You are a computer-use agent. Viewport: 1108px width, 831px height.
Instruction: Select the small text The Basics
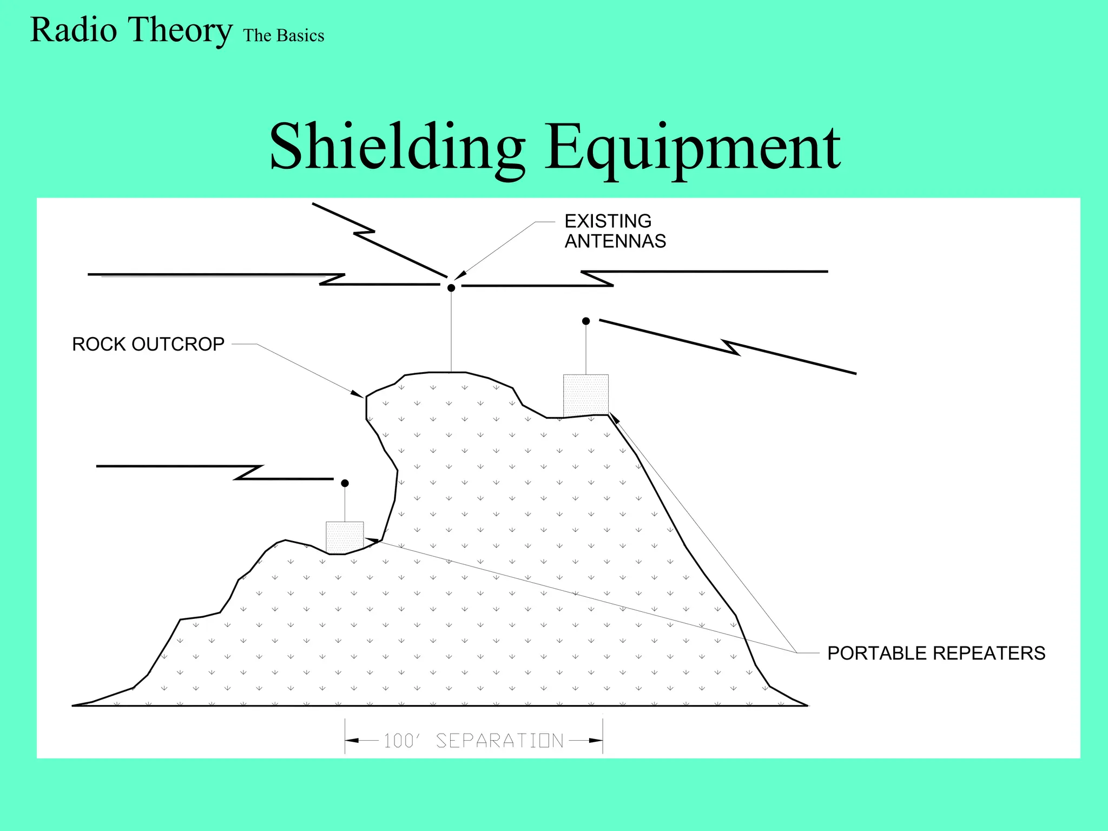[x=283, y=36]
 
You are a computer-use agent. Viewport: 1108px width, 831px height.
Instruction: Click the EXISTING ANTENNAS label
[x=615, y=231]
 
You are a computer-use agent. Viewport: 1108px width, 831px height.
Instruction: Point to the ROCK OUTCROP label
[x=148, y=344]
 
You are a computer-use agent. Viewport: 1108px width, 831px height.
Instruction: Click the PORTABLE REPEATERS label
[x=936, y=653]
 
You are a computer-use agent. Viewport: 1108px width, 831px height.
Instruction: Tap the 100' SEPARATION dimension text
[x=473, y=741]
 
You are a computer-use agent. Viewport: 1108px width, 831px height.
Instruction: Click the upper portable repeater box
[x=586, y=395]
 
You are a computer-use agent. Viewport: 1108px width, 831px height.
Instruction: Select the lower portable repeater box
[x=345, y=537]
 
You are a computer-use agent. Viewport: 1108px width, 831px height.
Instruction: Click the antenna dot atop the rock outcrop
[x=451, y=288]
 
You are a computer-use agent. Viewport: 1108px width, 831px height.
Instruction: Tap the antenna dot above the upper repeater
[x=586, y=321]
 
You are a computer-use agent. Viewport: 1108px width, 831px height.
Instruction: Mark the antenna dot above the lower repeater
[x=345, y=483]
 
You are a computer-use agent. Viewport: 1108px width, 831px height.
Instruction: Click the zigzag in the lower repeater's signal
[x=249, y=472]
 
